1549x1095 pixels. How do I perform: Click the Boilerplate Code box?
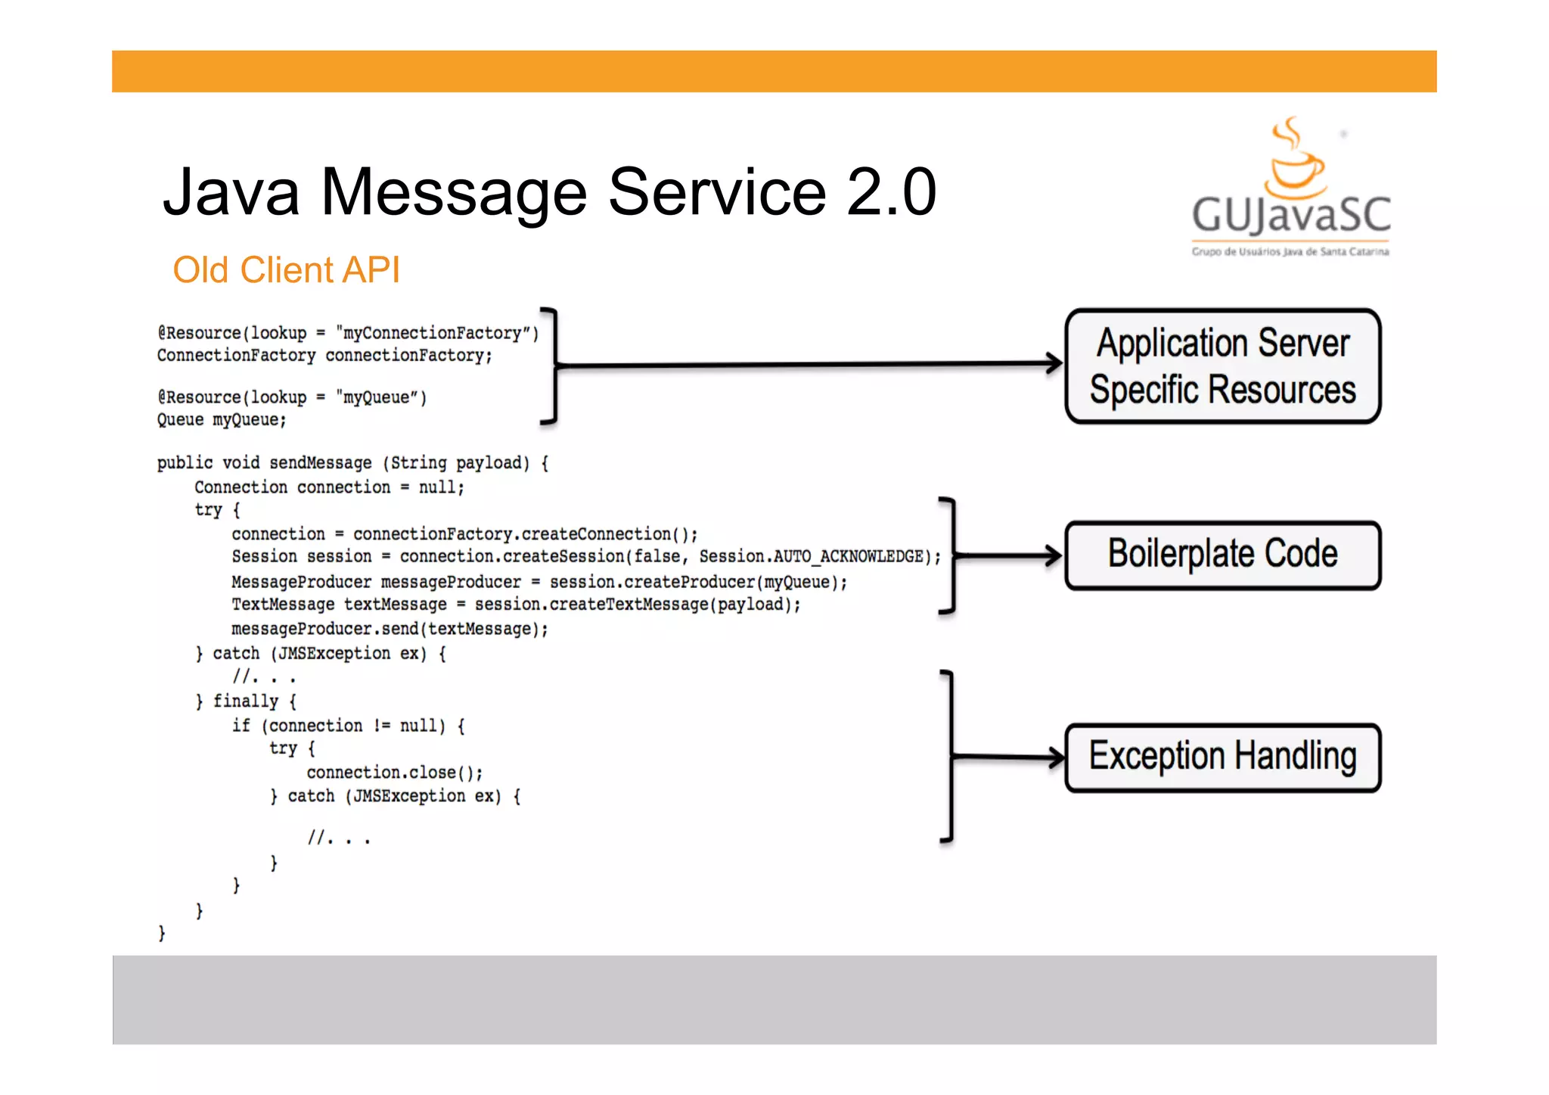(x=1222, y=555)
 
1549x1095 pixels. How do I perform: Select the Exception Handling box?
(x=1222, y=757)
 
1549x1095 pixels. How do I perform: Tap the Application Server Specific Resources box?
(x=1222, y=366)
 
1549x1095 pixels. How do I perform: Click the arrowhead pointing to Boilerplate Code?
(x=1053, y=555)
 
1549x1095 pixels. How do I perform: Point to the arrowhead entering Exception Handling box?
(x=1054, y=757)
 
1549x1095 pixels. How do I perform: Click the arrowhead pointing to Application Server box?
(x=1053, y=362)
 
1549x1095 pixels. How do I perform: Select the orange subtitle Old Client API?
(x=286, y=270)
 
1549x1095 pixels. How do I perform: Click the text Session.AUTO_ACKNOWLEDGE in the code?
(x=811, y=557)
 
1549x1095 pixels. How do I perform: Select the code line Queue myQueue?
(x=222, y=420)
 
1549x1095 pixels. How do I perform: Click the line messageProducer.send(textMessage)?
(x=390, y=629)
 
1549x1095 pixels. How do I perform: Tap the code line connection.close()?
(x=394, y=773)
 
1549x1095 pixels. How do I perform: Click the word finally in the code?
(x=246, y=701)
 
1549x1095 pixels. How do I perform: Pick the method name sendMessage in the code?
(x=321, y=463)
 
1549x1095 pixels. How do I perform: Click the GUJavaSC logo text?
(x=1291, y=215)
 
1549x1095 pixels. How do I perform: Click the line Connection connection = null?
(x=329, y=487)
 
